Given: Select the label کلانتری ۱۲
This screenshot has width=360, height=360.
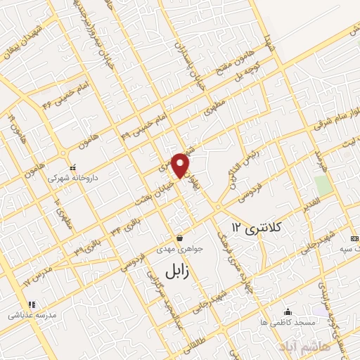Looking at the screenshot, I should pos(257,226).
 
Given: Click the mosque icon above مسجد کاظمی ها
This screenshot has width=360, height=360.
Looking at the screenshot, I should pos(287,312).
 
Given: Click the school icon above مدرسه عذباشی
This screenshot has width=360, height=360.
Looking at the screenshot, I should pos(31,305).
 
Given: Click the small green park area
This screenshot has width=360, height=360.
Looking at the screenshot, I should pos(323,186).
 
